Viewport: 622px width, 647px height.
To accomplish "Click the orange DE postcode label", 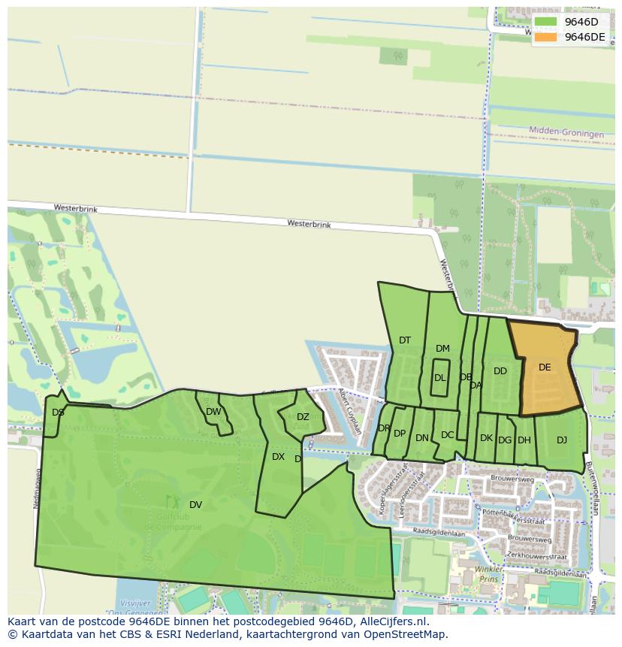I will pyautogui.click(x=545, y=367).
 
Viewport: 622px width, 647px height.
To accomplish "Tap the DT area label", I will pyautogui.click(x=405, y=340).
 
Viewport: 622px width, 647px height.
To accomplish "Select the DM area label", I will pyautogui.click(x=442, y=348).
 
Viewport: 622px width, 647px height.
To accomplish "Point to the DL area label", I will pyautogui.click(x=439, y=378).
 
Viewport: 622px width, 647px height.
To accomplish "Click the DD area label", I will pyautogui.click(x=500, y=371).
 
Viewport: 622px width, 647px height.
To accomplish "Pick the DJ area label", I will pyautogui.click(x=562, y=440).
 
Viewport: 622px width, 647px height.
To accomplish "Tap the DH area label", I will pyautogui.click(x=524, y=440).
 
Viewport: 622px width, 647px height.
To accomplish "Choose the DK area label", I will pyautogui.click(x=486, y=438).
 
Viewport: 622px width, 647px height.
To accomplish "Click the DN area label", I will pyautogui.click(x=422, y=438).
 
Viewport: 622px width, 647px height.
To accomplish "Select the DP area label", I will pyautogui.click(x=400, y=434).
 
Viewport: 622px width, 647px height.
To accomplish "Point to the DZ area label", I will pyautogui.click(x=303, y=417).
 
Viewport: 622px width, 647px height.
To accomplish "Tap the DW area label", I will pyautogui.click(x=213, y=412).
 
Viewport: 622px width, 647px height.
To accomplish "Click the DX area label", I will pyautogui.click(x=278, y=457).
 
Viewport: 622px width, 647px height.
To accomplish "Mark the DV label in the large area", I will pyautogui.click(x=195, y=504).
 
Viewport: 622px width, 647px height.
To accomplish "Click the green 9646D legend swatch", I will pyautogui.click(x=546, y=22).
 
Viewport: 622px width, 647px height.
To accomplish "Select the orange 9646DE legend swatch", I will pyautogui.click(x=546, y=37).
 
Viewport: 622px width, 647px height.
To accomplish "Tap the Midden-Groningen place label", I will pyautogui.click(x=566, y=133).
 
